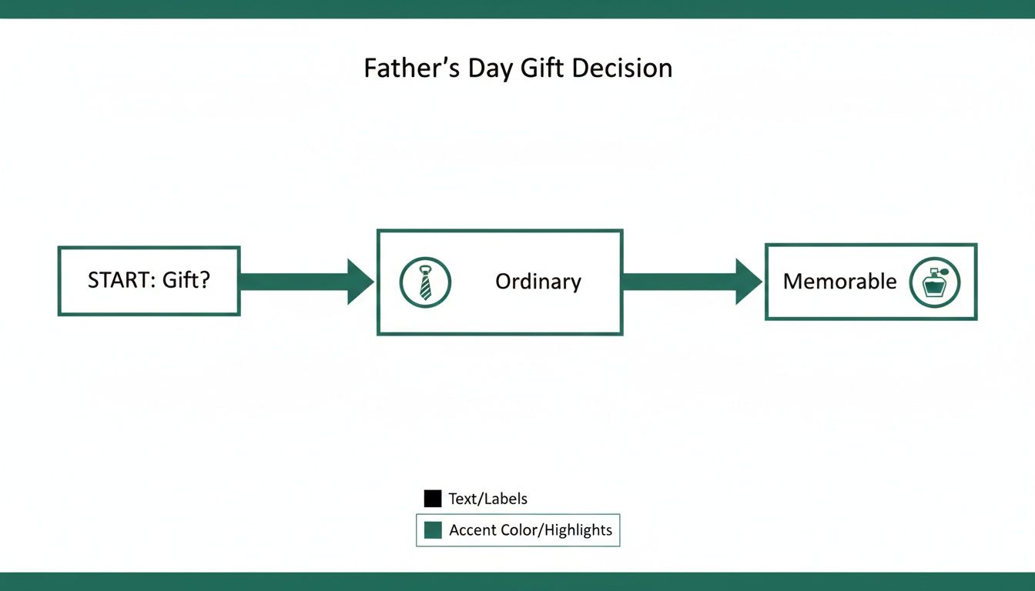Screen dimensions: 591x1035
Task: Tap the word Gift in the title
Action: pos(540,68)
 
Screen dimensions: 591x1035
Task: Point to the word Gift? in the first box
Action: pos(186,281)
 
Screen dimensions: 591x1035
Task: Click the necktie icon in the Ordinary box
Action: pos(425,282)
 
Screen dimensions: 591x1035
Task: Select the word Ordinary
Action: pos(538,282)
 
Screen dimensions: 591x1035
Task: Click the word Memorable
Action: pos(839,282)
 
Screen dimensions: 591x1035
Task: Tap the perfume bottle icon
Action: pos(934,282)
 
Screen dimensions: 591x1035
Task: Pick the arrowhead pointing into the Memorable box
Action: pos(749,282)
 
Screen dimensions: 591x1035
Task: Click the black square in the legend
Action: pos(433,499)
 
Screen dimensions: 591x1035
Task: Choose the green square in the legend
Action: pos(433,530)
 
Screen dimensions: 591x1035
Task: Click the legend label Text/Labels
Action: pos(487,499)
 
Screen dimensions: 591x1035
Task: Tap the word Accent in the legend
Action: pos(472,530)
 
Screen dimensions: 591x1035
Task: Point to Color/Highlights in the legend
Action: pos(556,530)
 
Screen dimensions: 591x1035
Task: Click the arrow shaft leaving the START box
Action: pos(293,282)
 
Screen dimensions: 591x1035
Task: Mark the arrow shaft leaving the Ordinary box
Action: pos(678,282)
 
